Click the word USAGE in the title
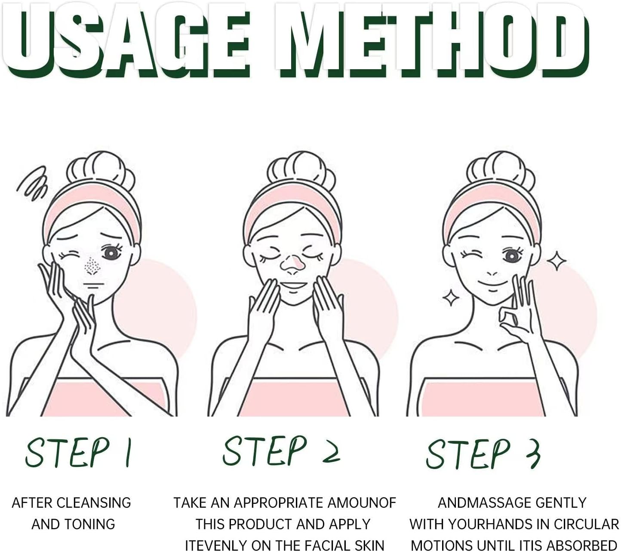[125, 40]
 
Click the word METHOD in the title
[432, 40]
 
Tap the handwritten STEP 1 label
[78, 452]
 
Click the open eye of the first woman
[111, 253]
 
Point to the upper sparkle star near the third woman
[556, 261]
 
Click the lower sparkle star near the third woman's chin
[451, 297]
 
